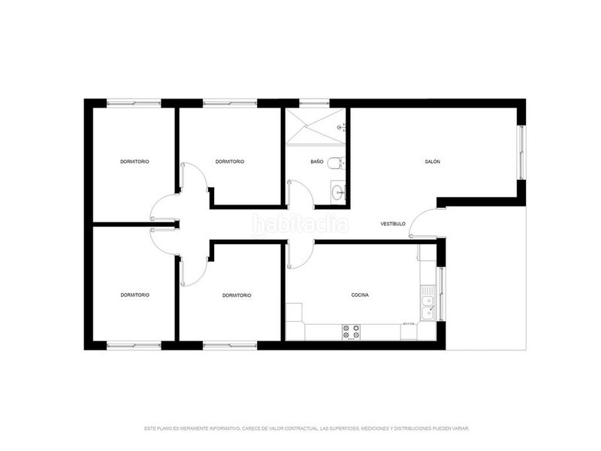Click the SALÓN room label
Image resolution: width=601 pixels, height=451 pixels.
coord(433,162)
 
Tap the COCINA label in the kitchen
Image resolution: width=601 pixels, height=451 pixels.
coord(360,295)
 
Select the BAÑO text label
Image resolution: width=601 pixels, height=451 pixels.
coord(317,162)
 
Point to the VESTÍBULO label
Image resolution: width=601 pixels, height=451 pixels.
coord(393,223)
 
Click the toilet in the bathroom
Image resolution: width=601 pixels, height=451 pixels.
coord(336,163)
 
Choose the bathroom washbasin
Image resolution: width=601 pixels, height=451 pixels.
coord(337,192)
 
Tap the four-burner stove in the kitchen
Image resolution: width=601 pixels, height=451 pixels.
coord(352,331)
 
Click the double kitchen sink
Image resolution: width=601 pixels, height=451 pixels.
coord(427,303)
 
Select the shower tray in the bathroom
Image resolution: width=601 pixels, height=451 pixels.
coord(316,126)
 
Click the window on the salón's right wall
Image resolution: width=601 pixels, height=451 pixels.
coord(521,153)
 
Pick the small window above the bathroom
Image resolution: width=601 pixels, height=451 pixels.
coord(314,103)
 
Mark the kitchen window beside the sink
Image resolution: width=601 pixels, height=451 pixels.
coord(441,294)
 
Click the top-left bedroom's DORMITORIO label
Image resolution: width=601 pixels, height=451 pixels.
coord(134,162)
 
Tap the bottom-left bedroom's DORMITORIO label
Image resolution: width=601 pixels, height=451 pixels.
coord(135,295)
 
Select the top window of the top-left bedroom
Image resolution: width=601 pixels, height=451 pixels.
coord(134,103)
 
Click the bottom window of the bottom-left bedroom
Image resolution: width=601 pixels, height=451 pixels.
coord(134,346)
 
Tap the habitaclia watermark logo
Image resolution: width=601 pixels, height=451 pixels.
coord(300,224)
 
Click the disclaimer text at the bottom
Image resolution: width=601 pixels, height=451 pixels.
coord(307,428)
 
